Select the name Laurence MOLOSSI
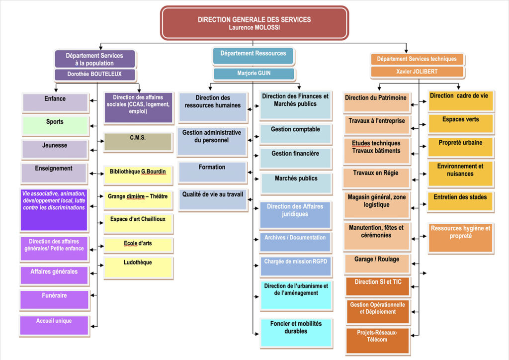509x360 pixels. [254, 28]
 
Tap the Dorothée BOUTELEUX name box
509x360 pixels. [94, 75]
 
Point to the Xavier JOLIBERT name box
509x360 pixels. [417, 72]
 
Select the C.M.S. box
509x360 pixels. [138, 142]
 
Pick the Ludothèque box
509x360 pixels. [138, 267]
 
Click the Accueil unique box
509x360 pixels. [54, 325]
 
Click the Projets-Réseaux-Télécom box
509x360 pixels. [377, 340]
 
